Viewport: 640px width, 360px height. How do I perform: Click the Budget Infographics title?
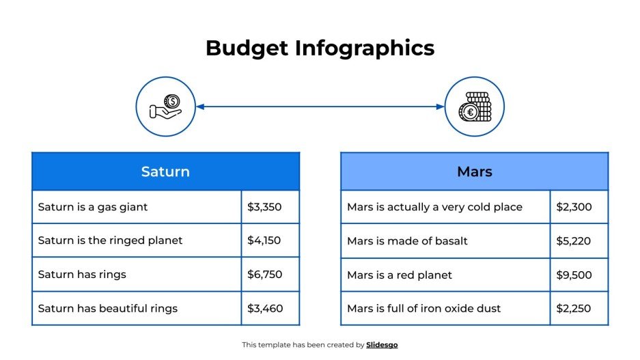(320, 48)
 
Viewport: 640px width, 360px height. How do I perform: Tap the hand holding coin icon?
(165, 107)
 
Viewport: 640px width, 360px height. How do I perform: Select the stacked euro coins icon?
(474, 107)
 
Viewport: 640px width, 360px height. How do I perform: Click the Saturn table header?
(165, 171)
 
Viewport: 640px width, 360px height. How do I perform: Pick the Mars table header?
(474, 171)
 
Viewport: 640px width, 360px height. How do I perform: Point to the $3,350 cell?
(264, 207)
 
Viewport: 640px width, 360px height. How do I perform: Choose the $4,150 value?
(264, 240)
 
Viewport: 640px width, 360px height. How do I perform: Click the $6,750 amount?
(264, 275)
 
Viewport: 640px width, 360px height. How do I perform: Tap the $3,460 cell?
(264, 308)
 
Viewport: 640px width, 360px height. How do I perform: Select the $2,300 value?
(574, 207)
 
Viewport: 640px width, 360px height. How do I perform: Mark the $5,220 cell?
(574, 240)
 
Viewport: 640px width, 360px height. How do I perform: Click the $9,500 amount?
(574, 275)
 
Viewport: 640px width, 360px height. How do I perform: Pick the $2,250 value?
(574, 308)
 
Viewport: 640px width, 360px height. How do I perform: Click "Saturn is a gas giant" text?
(93, 207)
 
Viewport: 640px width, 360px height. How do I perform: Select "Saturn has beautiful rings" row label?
(108, 308)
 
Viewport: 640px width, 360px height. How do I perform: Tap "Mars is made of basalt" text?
(407, 240)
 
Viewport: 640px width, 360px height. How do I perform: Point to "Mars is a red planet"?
(400, 275)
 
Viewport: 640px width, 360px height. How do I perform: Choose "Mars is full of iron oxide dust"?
(423, 308)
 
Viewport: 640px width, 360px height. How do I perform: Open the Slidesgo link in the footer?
(382, 345)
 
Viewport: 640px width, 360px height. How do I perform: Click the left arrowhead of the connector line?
(200, 107)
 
